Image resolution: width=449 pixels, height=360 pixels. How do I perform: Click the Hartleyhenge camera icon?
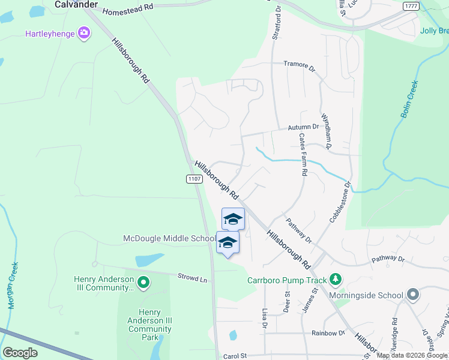[85, 32]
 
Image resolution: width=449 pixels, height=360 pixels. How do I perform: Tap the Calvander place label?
[76, 4]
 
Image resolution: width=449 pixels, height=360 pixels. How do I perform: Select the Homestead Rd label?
[128, 9]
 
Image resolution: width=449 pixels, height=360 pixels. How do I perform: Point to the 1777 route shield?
[411, 5]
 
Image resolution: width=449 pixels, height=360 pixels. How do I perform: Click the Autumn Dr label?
[303, 127]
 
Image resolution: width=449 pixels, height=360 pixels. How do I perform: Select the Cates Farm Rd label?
[303, 155]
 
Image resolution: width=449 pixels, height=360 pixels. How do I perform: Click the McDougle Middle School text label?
[169, 239]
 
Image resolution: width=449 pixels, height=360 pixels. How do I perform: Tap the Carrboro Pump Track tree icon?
[335, 280]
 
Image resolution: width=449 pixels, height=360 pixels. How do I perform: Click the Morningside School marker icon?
[412, 295]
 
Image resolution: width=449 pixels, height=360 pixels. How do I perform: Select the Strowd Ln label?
[192, 278]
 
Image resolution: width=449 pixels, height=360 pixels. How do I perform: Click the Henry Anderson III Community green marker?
[143, 281]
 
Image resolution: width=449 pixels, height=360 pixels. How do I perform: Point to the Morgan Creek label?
[13, 285]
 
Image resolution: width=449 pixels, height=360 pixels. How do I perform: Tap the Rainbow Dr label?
[328, 333]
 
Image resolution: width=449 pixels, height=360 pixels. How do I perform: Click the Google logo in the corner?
[20, 352]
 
